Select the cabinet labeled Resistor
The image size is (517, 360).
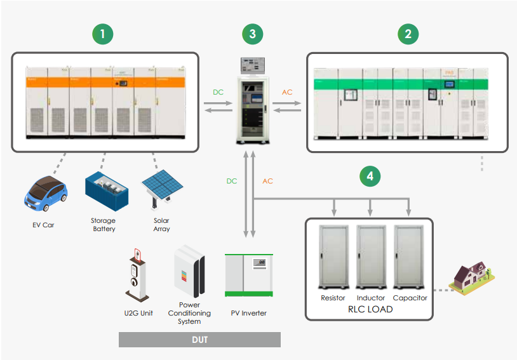point(333,257)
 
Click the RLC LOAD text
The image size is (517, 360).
point(370,309)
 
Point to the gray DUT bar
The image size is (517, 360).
point(199,340)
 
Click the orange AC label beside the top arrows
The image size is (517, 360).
point(287,93)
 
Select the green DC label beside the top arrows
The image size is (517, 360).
point(218,93)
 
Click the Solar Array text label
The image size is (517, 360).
point(161,225)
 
